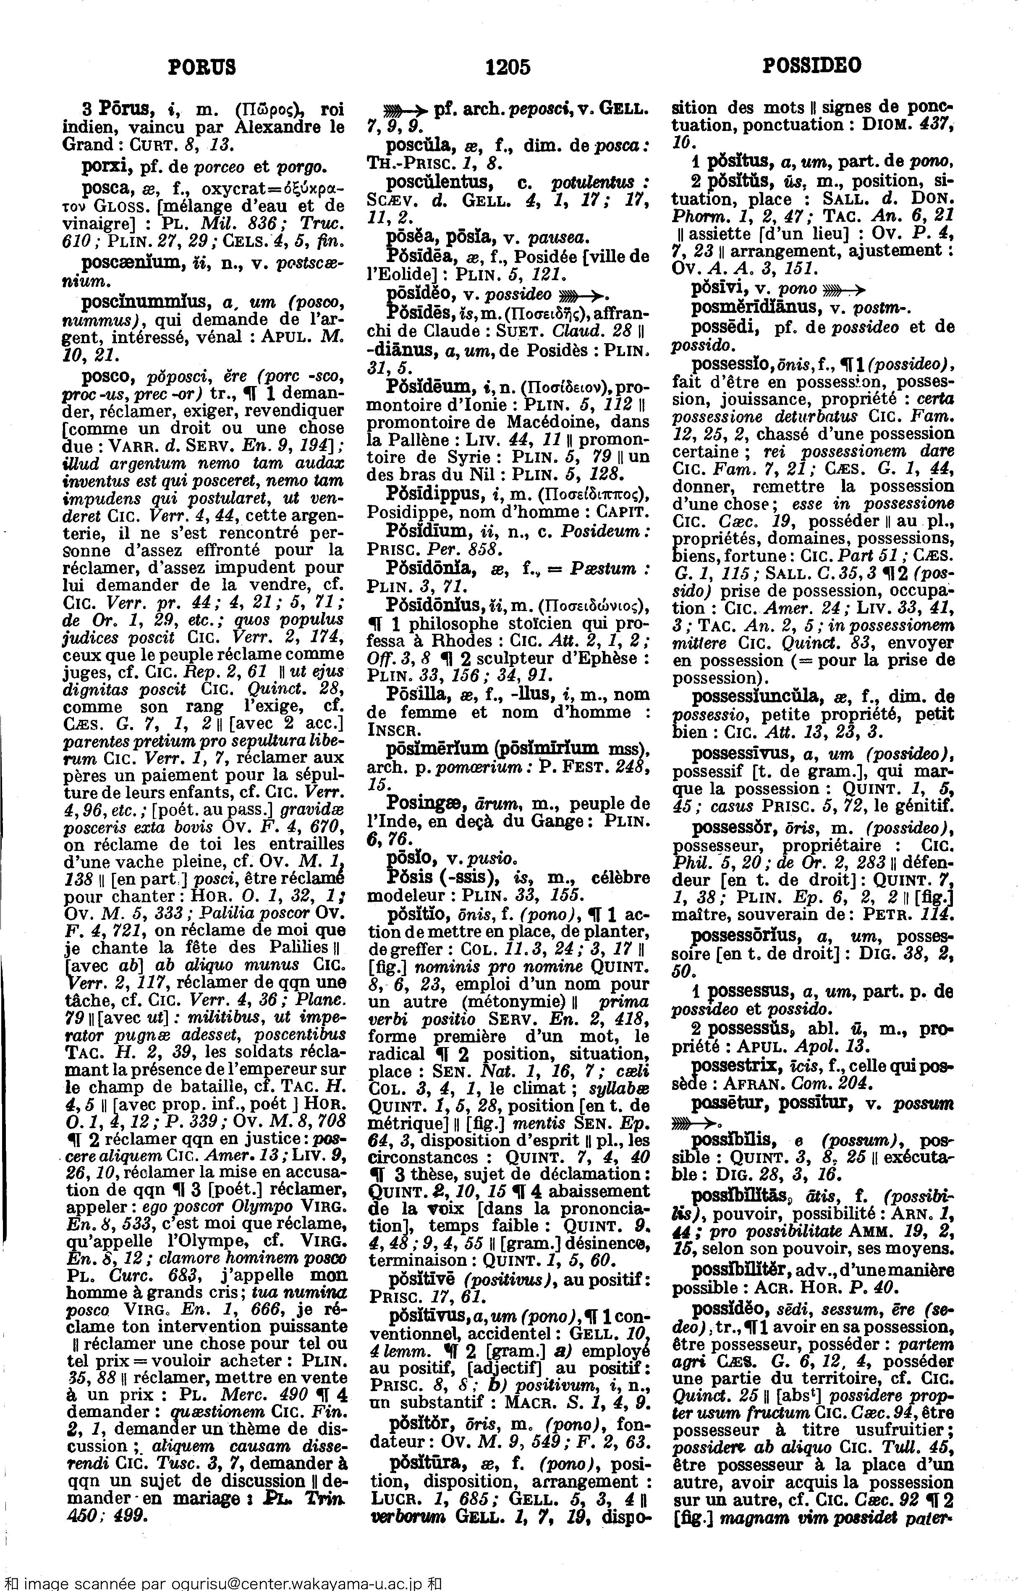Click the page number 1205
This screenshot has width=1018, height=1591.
[x=508, y=66]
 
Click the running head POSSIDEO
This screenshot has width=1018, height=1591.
[x=812, y=66]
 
